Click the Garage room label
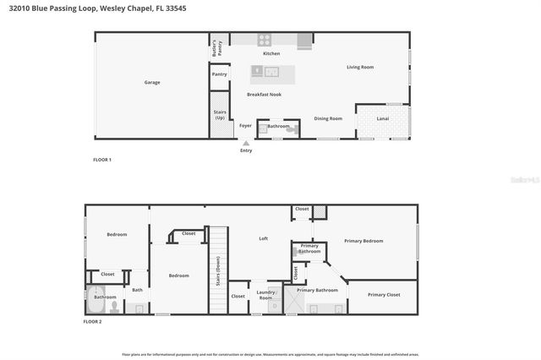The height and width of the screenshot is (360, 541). click(x=152, y=83)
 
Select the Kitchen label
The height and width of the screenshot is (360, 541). click(x=271, y=54)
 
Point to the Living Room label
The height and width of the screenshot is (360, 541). click(x=360, y=67)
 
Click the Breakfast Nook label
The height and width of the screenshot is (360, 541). click(x=264, y=94)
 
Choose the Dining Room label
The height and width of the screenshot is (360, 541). click(x=328, y=118)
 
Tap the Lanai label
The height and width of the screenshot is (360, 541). click(x=382, y=118)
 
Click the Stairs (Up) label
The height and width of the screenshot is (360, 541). click(x=220, y=114)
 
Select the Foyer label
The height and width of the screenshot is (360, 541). click(x=245, y=126)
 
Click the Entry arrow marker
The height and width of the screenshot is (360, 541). click(x=246, y=144)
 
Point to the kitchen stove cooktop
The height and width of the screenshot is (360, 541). click(x=265, y=39)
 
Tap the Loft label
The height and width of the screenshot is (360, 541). click(x=263, y=239)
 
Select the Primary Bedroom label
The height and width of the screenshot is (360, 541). click(x=363, y=241)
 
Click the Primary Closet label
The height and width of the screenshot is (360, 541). click(x=384, y=295)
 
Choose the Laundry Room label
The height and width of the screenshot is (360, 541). click(x=266, y=296)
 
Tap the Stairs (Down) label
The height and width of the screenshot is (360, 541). click(x=218, y=270)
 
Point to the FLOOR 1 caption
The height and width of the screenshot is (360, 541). click(x=101, y=160)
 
